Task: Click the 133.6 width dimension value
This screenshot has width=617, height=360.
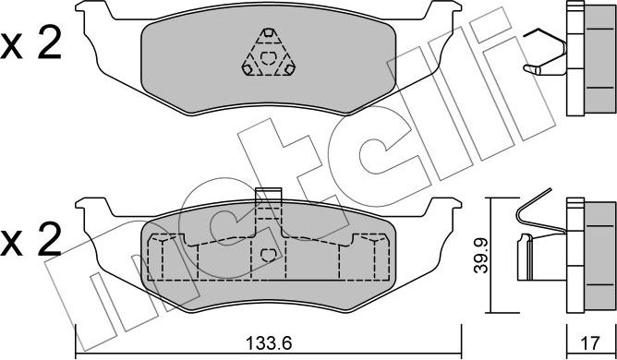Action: click(269, 343)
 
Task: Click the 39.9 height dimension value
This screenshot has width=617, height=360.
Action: click(480, 256)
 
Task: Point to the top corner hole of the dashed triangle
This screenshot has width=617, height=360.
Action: click(269, 32)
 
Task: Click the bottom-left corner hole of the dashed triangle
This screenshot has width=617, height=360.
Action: click(248, 69)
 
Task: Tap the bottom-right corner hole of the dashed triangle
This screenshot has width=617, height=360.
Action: click(290, 69)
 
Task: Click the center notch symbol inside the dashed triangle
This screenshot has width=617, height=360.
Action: click(269, 58)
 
